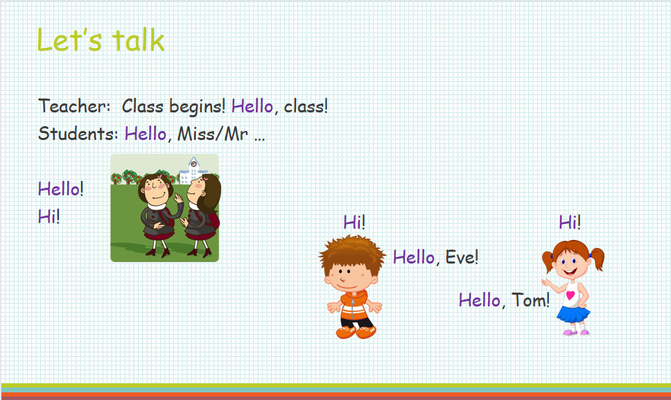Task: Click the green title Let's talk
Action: click(x=101, y=40)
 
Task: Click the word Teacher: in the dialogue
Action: click(x=75, y=105)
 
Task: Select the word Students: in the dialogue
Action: click(x=78, y=134)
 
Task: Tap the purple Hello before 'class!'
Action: click(x=252, y=105)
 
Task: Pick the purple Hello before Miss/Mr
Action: click(x=145, y=134)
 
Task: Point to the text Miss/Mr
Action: click(x=213, y=134)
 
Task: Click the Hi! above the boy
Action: click(x=354, y=222)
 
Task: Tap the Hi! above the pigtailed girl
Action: click(x=570, y=222)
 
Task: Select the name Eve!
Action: click(x=462, y=257)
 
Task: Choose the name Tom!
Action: click(x=531, y=300)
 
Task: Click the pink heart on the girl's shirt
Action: click(x=570, y=295)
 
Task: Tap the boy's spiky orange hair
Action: click(x=351, y=252)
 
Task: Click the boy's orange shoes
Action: click(x=356, y=332)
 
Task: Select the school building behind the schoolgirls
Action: click(x=193, y=171)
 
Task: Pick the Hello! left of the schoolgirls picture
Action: click(x=61, y=189)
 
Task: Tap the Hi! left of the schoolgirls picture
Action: click(x=49, y=216)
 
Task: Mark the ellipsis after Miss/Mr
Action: click(x=259, y=139)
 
